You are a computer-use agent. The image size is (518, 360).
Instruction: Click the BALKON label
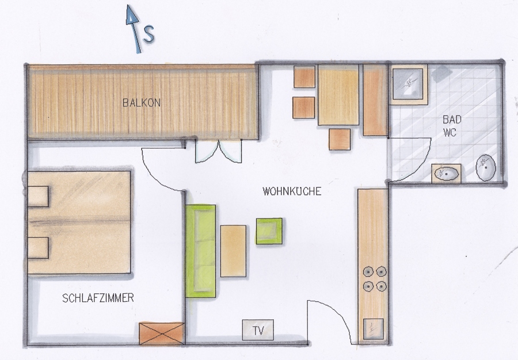[142, 102]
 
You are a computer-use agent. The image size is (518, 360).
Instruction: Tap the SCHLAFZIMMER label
[98, 298]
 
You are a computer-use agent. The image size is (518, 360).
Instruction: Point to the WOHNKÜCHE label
[292, 192]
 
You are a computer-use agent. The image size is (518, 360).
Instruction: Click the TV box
[258, 330]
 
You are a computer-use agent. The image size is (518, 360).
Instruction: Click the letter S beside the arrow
[149, 33]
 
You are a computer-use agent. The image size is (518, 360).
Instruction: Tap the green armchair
[269, 231]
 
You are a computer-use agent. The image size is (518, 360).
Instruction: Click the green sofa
[200, 251]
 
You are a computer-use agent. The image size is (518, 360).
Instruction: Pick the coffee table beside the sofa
[233, 251]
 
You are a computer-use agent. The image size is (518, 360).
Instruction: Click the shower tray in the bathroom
[407, 84]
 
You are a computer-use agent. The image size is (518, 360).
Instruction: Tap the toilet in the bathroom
[486, 168]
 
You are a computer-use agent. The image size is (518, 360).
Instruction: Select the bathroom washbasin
[446, 173]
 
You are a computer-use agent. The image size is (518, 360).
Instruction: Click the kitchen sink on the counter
[374, 329]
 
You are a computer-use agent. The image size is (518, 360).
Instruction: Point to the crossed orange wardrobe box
[162, 334]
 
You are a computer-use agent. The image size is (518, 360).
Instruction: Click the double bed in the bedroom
[79, 223]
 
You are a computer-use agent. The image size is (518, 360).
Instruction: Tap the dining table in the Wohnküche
[338, 95]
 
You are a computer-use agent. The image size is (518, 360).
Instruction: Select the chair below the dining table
[340, 139]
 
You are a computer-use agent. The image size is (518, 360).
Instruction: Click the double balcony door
[218, 151]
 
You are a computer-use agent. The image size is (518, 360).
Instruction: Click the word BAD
[452, 119]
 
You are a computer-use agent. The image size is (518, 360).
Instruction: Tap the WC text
[450, 133]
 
